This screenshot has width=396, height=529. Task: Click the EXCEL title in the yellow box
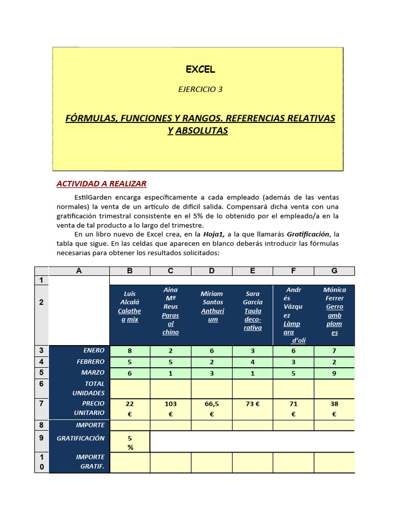(x=200, y=69)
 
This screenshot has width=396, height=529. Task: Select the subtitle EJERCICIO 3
(x=200, y=89)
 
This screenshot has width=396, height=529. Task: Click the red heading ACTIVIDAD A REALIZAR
(x=101, y=183)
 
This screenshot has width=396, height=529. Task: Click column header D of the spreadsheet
(x=211, y=271)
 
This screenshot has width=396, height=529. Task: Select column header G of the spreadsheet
(x=334, y=271)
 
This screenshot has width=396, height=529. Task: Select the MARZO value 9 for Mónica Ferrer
(x=334, y=372)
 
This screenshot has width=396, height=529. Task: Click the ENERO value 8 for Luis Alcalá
(x=129, y=351)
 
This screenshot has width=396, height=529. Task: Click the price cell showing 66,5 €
(x=211, y=408)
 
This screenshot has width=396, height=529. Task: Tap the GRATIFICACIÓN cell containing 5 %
(x=130, y=442)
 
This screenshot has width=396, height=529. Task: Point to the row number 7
(x=41, y=403)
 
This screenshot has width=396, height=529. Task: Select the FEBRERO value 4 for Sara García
(x=252, y=362)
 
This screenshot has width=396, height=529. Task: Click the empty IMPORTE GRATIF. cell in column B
(x=130, y=462)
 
